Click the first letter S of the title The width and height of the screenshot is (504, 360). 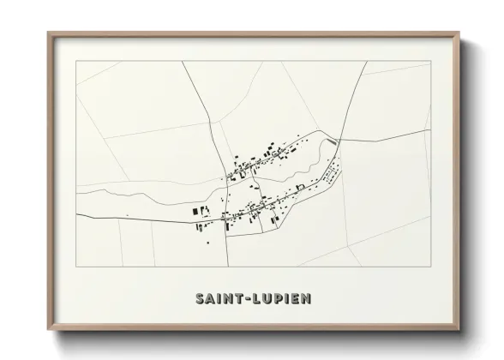tap(200, 299)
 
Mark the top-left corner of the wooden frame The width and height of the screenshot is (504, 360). tap(48, 33)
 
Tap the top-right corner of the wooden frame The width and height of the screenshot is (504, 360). tap(460, 33)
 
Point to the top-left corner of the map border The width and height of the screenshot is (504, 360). tap(76, 62)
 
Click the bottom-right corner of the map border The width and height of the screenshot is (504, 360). tap(429, 267)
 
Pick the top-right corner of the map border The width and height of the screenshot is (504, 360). tap(429, 62)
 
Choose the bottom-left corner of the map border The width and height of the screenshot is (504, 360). tap(76, 267)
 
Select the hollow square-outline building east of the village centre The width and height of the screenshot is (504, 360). tap(300, 186)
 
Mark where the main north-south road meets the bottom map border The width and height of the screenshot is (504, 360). tap(228, 267)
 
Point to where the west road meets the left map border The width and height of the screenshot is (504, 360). tap(76, 215)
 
